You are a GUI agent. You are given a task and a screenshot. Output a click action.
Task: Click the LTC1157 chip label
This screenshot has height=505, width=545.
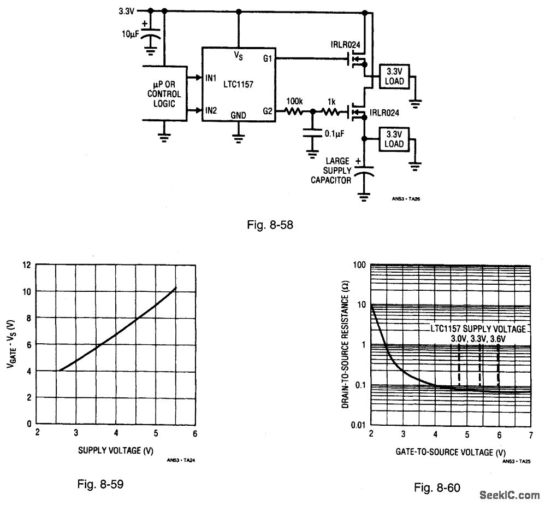coord(237,84)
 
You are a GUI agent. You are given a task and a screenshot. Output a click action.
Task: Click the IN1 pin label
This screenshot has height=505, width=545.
coord(212,78)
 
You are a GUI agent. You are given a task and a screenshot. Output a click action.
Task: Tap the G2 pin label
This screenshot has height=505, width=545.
coord(268,111)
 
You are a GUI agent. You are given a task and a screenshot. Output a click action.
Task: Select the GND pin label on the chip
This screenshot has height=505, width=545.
coord(238,116)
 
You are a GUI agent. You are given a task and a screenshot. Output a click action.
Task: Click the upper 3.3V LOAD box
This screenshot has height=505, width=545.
coord(394,77)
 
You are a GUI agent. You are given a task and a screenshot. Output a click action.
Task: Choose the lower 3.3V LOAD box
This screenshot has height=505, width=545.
coord(394,139)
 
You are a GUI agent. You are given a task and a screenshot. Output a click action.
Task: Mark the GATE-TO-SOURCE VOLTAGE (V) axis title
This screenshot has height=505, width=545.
coord(450,453)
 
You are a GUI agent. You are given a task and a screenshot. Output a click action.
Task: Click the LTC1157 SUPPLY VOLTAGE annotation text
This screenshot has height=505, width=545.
coord(478,328)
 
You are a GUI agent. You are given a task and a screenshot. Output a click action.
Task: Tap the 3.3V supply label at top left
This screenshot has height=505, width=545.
coord(126,10)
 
